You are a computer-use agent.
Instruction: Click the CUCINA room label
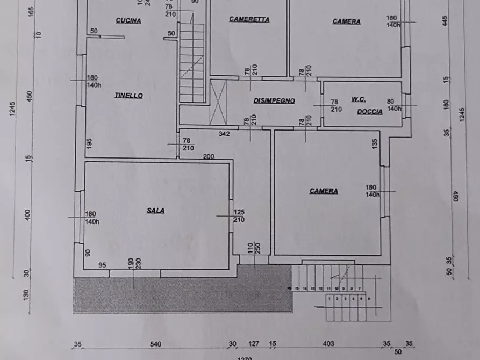coord(128,21)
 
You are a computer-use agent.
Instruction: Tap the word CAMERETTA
coord(249,19)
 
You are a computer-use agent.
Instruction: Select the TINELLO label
coord(128,96)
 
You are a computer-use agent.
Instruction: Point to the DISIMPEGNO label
coord(274,100)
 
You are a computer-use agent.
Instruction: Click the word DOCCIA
coord(370,112)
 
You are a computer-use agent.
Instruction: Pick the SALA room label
coord(155,211)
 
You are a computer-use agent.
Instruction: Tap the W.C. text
coord(359,99)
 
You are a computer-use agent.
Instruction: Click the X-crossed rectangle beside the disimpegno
coord(218,102)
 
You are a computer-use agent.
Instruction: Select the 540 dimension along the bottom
coord(156,344)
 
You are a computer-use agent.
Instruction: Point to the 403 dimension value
coord(328,344)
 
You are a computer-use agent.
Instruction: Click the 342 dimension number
coord(224,133)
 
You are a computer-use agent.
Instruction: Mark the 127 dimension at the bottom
coord(254,344)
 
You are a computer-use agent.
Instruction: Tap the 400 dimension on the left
coord(28,215)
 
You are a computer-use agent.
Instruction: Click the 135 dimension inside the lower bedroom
coord(375,143)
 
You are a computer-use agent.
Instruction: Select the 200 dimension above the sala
coord(208,157)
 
